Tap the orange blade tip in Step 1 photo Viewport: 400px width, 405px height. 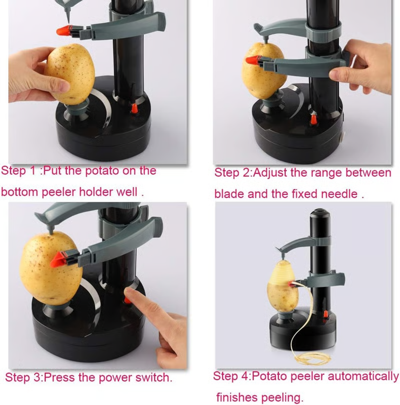pos(63,31)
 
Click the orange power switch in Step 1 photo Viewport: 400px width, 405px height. pos(134,108)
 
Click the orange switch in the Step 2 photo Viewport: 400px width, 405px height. pos(314,119)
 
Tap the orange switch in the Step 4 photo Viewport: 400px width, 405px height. pos(326,314)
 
